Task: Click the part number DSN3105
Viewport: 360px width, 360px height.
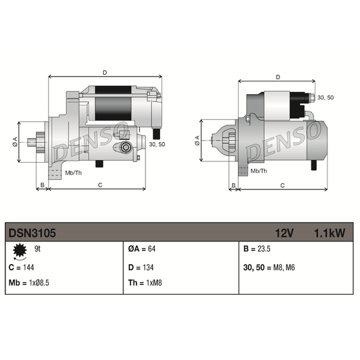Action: [32, 233]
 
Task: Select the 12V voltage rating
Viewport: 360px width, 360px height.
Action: [284, 233]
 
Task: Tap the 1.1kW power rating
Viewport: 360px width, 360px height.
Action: [329, 233]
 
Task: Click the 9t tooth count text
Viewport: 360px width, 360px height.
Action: [37, 249]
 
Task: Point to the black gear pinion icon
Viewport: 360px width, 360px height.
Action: [20, 250]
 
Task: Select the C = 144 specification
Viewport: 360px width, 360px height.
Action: [21, 267]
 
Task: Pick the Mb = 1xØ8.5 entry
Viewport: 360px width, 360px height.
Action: [29, 283]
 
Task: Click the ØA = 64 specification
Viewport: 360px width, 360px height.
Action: [141, 249]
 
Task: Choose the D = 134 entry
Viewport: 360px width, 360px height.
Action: [141, 267]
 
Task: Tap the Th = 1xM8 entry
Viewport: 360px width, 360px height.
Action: [145, 283]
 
